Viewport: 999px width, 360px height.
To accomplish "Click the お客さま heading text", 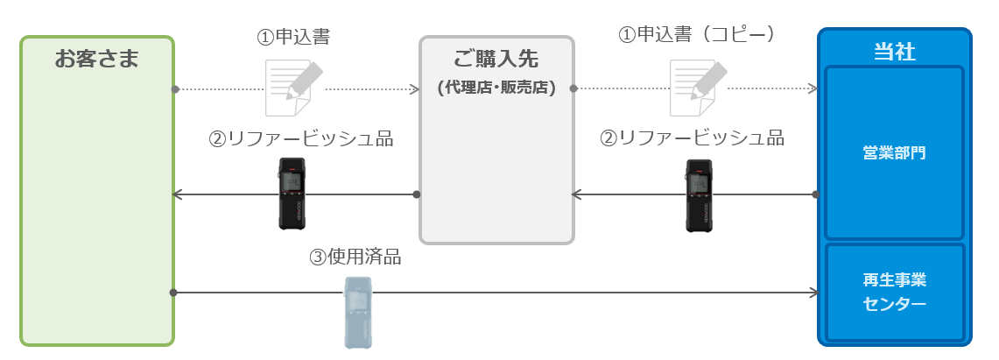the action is [96, 59].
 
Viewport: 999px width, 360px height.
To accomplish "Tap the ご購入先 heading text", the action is [496, 59].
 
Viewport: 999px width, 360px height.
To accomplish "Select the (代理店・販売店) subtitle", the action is [496, 88].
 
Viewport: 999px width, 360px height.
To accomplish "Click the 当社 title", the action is [895, 51].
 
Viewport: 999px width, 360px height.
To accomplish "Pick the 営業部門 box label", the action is [894, 153].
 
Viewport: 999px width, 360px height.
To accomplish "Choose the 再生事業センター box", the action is [895, 292].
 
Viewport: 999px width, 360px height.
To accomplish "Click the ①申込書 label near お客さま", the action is [293, 37].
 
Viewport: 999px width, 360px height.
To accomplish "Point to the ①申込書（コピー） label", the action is [698, 34].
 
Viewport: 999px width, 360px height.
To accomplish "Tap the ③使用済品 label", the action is [355, 257].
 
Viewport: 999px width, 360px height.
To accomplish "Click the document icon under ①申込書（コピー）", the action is [697, 88].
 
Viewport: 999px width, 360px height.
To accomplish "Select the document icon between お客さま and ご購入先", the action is [293, 88].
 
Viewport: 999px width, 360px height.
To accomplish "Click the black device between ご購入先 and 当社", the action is [699, 195].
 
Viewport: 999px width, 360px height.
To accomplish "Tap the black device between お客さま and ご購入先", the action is [292, 194].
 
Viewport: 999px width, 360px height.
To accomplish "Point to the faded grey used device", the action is [357, 312].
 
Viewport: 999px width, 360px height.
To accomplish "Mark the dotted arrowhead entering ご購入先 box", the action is [414, 89].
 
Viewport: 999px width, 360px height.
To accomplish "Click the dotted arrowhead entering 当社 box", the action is [813, 88].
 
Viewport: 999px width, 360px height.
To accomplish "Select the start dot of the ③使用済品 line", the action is [173, 293].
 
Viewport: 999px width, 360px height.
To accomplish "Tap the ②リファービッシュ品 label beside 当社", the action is [692, 138].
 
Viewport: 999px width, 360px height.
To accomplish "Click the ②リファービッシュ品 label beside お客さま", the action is [300, 138].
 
